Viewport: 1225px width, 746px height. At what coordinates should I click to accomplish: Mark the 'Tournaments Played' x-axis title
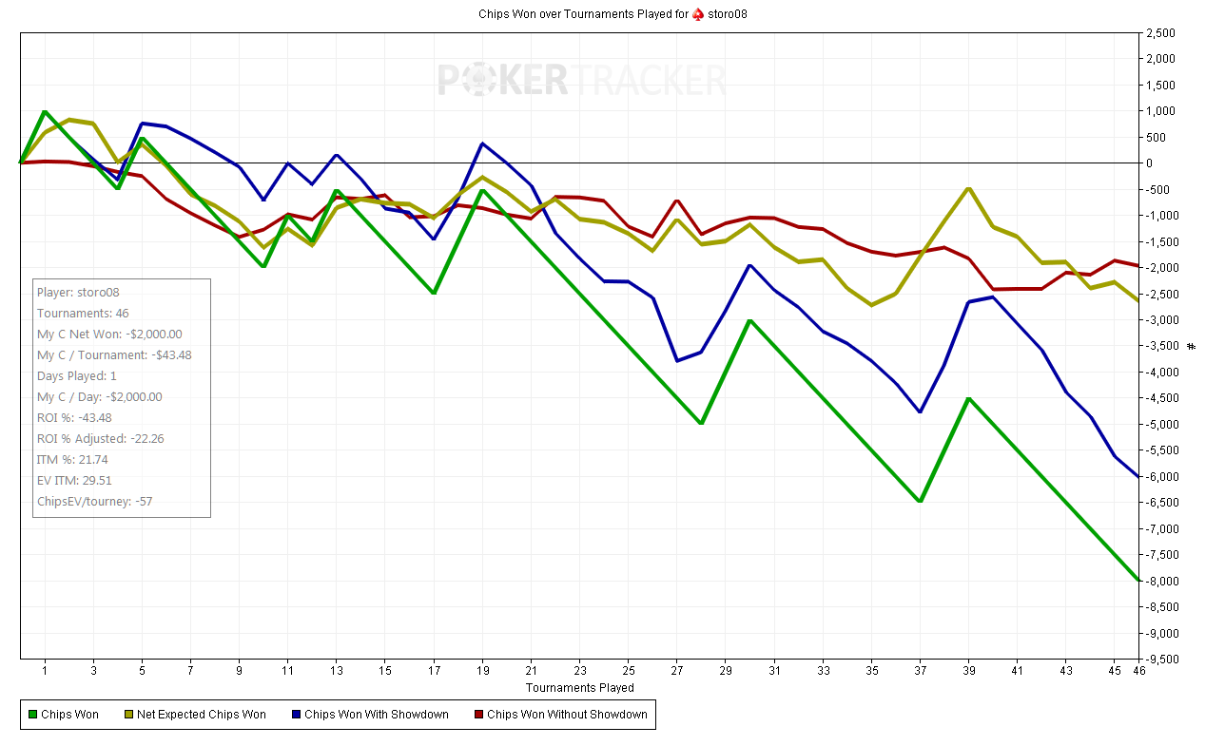(x=579, y=687)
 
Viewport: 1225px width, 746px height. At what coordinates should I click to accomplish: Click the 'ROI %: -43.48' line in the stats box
(x=74, y=418)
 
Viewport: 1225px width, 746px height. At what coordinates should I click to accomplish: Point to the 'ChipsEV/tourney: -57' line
(x=93, y=502)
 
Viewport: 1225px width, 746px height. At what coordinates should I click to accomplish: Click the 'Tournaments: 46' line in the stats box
(x=83, y=314)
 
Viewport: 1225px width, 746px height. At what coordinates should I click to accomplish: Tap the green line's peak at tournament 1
(x=45, y=111)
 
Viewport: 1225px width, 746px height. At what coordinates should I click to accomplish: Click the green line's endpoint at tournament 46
(x=1138, y=580)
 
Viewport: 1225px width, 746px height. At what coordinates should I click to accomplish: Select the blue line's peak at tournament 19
(x=482, y=143)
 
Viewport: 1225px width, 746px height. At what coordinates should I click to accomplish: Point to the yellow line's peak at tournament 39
(x=968, y=188)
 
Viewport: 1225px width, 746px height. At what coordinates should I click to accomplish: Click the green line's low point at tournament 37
(x=920, y=501)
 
